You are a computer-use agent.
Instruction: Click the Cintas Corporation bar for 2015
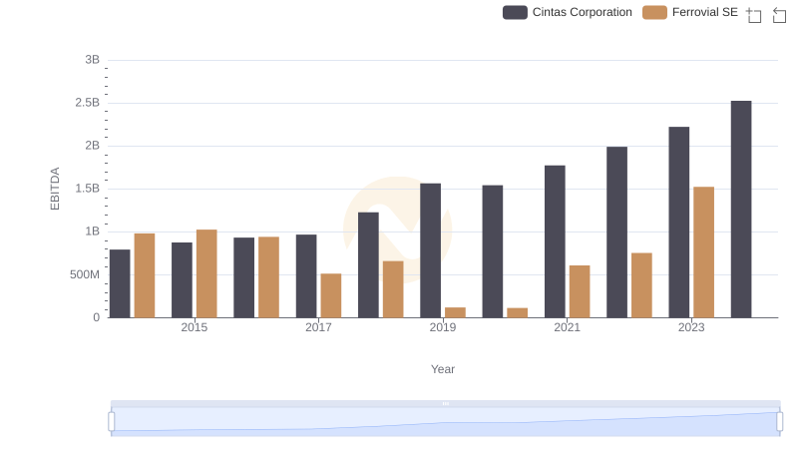(x=182, y=280)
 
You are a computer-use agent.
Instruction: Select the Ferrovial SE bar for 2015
(x=206, y=273)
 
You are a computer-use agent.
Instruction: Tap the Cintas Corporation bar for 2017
(x=306, y=276)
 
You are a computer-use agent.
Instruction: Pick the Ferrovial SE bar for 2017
(x=331, y=295)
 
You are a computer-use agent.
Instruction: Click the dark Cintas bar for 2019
(x=430, y=250)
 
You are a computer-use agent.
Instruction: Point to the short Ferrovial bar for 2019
(x=455, y=312)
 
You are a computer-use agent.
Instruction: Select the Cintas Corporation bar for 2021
(x=555, y=241)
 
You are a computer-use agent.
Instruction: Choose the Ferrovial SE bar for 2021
(x=580, y=291)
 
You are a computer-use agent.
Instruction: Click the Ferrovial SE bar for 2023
(x=703, y=252)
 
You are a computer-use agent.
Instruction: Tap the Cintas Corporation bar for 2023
(x=679, y=223)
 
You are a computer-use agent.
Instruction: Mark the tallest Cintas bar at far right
(x=741, y=210)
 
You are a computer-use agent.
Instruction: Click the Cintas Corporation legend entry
(x=568, y=12)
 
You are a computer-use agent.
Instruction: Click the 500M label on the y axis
(x=84, y=274)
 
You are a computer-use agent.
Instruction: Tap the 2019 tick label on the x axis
(x=443, y=327)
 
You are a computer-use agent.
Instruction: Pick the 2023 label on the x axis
(x=691, y=327)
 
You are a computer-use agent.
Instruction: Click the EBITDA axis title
(x=55, y=189)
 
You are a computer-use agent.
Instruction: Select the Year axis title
(x=443, y=369)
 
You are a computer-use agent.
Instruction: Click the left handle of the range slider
(x=112, y=422)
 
